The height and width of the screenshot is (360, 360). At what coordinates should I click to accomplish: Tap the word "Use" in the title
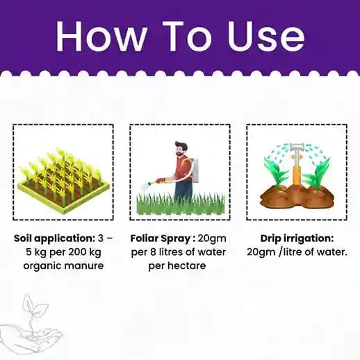pyautogui.click(x=265, y=36)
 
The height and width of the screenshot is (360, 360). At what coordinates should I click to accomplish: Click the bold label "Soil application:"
pyautogui.click(x=54, y=238)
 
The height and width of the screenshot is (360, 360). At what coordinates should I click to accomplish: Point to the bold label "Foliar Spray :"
pyautogui.click(x=163, y=238)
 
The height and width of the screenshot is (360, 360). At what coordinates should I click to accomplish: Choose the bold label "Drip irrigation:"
pyautogui.click(x=297, y=238)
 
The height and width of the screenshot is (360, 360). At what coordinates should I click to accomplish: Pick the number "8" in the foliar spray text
pyautogui.click(x=153, y=252)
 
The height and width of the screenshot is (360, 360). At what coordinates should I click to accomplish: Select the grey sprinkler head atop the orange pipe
pyautogui.click(x=297, y=147)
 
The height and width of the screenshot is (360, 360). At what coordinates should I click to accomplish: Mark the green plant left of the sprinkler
pyautogui.click(x=276, y=172)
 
